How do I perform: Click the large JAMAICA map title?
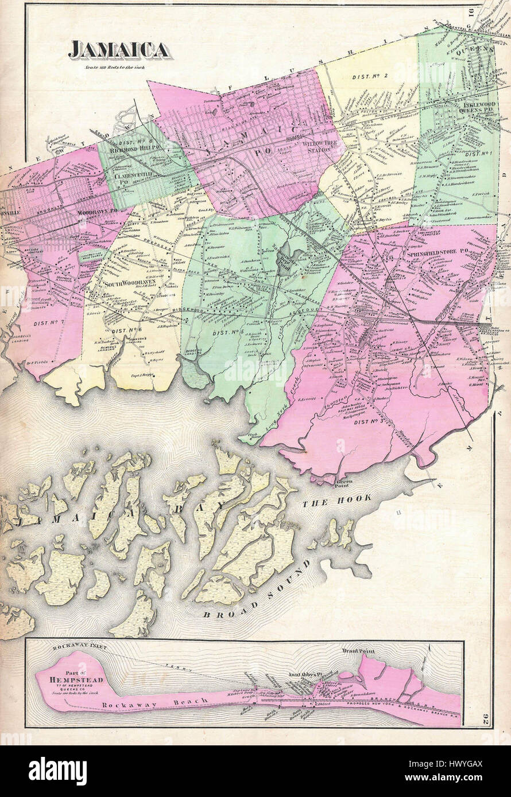click(x=119, y=50)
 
